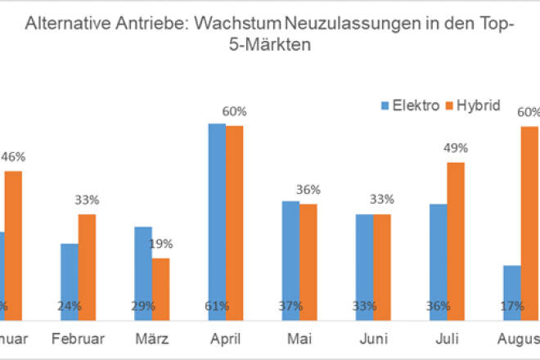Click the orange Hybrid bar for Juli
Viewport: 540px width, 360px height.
[456, 238]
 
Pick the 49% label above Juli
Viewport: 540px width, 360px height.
[456, 148]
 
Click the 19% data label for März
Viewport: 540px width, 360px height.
[161, 244]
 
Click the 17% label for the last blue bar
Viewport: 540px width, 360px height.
[512, 306]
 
